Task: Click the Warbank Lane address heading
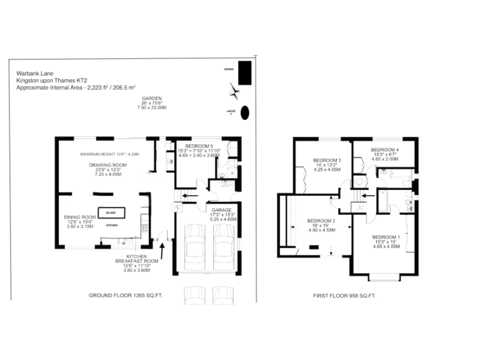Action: pyautogui.click(x=34, y=72)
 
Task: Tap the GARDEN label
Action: pyautogui.click(x=152, y=99)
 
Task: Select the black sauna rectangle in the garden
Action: pyautogui.click(x=246, y=72)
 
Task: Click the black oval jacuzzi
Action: pyautogui.click(x=246, y=112)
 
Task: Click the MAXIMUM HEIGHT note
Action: pyautogui.click(x=109, y=154)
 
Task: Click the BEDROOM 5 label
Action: pyautogui.click(x=200, y=146)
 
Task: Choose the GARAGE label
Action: pyautogui.click(x=222, y=210)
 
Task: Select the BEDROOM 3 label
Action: pyautogui.click(x=327, y=160)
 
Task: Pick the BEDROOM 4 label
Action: pyautogui.click(x=385, y=150)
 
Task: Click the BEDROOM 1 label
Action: pyautogui.click(x=386, y=237)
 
